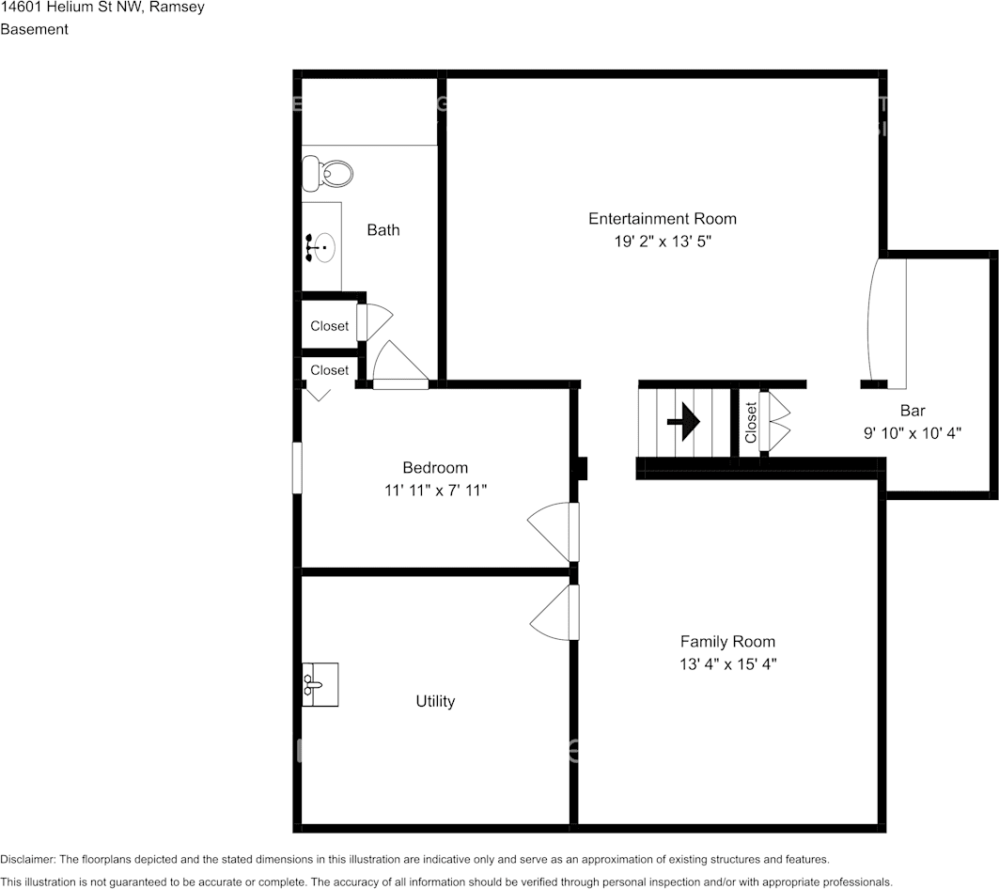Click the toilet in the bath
(328, 173)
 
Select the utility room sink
(320, 683)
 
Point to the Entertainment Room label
(662, 219)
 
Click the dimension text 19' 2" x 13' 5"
(662, 242)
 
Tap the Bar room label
(912, 411)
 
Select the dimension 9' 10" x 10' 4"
(912, 433)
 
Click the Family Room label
(727, 642)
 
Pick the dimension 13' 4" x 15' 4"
(727, 664)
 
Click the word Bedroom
(434, 468)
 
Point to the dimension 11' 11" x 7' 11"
(434, 491)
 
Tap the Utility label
(435, 701)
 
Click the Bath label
(382, 229)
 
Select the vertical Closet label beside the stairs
(751, 423)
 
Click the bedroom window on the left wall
(297, 468)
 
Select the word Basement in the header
(34, 29)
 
